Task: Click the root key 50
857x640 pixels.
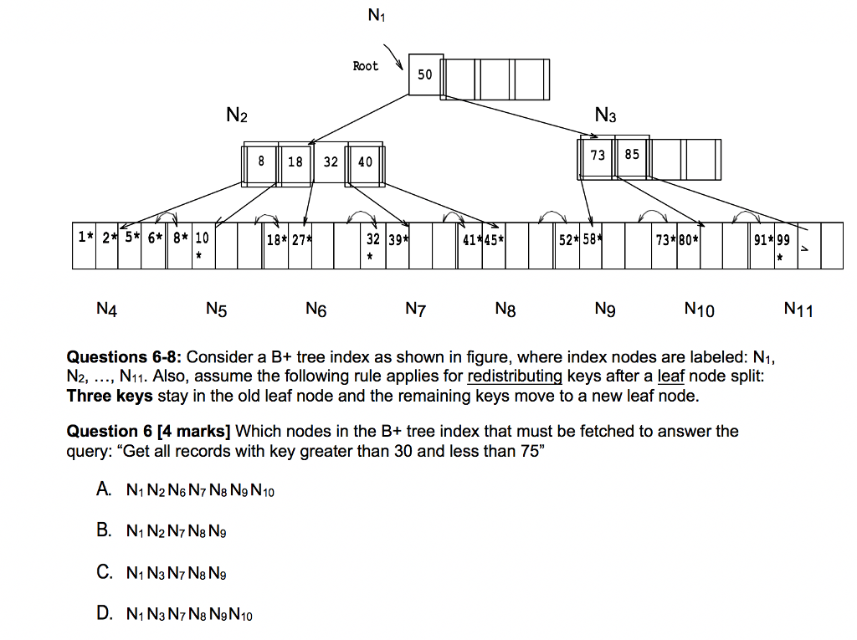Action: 425,74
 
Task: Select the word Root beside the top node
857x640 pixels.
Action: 365,66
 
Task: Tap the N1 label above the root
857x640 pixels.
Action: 376,15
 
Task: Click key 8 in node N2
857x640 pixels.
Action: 261,161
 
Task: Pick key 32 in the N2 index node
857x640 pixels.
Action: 331,161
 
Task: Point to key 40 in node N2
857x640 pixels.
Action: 365,161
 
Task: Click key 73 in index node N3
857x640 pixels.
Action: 598,155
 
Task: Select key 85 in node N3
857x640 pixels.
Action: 631,155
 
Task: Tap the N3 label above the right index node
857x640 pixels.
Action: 605,115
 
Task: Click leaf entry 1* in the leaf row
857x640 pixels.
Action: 85,238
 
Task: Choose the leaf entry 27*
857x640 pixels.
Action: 301,241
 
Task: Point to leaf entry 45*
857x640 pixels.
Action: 494,241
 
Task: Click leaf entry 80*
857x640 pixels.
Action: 689,241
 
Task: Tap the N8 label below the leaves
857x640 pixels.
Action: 505,310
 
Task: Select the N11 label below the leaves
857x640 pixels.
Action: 798,310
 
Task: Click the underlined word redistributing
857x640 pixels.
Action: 515,376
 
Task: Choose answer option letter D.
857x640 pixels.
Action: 104,614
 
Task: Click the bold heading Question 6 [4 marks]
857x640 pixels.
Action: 148,432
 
